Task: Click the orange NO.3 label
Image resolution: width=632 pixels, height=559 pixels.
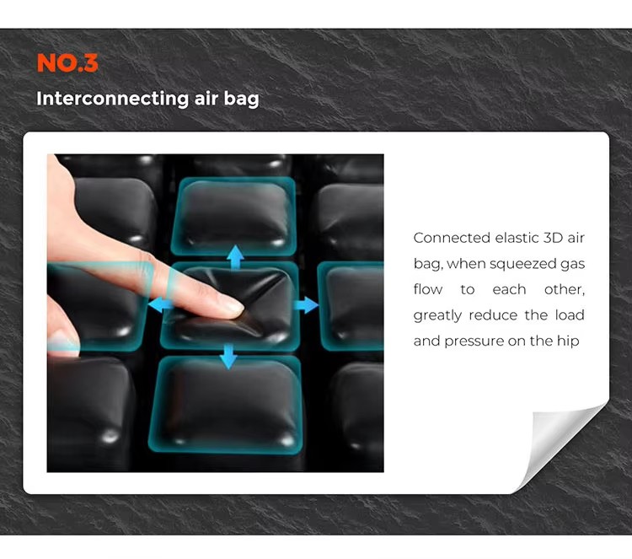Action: [x=67, y=63]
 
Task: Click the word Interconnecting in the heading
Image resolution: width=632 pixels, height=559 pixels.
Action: [x=112, y=99]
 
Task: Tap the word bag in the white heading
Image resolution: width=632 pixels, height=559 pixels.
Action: [x=242, y=99]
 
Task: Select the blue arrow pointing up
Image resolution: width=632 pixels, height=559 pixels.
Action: [x=235, y=257]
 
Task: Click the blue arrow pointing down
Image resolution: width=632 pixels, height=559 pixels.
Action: [x=228, y=356]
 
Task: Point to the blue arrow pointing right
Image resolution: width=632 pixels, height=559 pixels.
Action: [x=306, y=305]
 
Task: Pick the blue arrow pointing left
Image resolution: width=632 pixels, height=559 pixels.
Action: [x=159, y=305]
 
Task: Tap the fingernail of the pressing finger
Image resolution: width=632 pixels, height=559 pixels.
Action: [x=233, y=306]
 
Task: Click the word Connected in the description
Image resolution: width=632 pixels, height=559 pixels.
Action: [x=452, y=238]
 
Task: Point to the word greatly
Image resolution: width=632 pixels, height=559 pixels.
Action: [x=437, y=315]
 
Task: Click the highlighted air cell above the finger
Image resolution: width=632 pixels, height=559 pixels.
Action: [x=233, y=216]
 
